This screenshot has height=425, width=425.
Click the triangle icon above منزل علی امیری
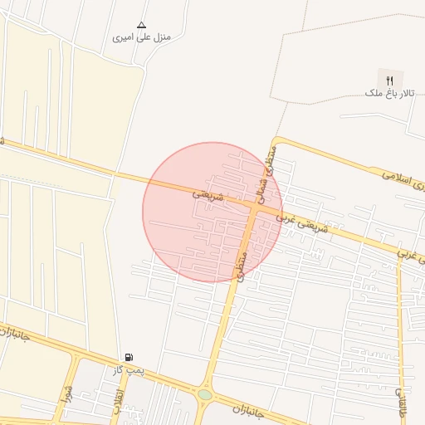coord(141,25)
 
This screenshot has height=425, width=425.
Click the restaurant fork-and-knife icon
coord(389,80)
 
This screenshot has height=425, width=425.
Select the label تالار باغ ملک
coord(386,94)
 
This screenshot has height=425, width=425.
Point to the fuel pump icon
coord(128,357)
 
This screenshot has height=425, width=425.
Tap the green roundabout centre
coord(204,395)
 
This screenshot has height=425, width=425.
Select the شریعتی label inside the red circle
coord(209,193)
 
